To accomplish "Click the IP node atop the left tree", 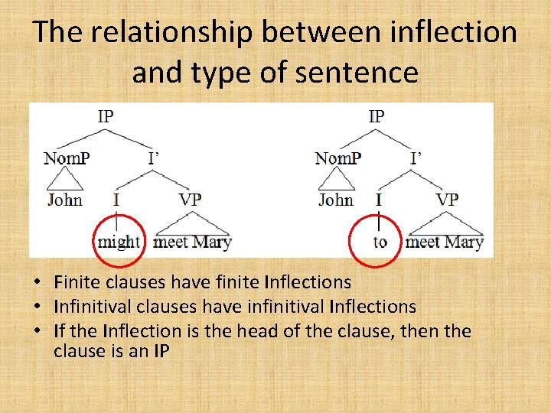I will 106,116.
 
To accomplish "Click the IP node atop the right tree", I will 377,116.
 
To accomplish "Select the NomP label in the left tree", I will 66,159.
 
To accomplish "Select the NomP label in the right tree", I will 337,159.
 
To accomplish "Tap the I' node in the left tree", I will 154,159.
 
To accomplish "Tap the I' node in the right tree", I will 416,159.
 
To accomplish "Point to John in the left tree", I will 65,200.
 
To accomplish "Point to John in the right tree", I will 336,200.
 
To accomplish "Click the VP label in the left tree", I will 190,200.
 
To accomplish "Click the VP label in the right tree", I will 447,200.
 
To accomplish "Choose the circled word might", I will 119,242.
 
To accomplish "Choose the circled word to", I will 380,242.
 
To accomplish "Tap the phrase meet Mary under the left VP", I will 192,242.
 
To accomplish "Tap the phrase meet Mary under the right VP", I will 445,242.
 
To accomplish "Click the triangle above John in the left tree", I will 65,180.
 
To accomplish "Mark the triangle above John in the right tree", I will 336,180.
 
